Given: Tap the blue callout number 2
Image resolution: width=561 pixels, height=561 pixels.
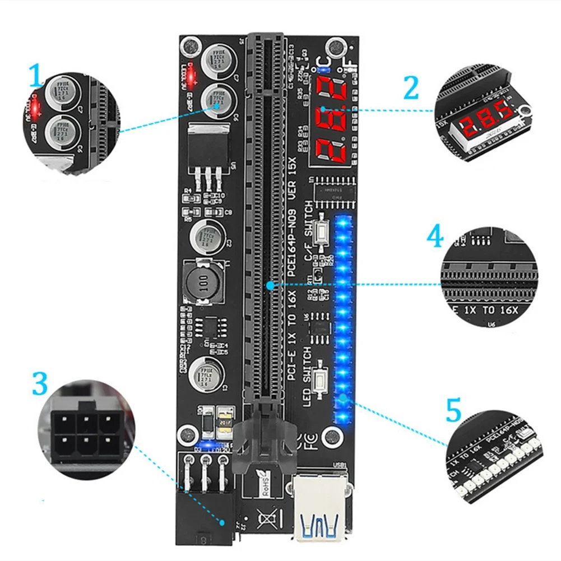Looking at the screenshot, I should pos(411,88).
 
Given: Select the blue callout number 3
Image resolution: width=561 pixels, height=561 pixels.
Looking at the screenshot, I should pos(40,384).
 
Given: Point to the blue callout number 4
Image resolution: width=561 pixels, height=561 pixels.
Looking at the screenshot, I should pos(435,237).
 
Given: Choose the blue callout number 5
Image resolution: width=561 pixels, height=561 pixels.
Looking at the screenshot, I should pos(453,411).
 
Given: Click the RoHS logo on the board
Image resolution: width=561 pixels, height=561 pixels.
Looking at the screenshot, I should pos(263,483).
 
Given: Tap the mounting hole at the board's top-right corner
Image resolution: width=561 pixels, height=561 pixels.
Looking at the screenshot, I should pos(335,44).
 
